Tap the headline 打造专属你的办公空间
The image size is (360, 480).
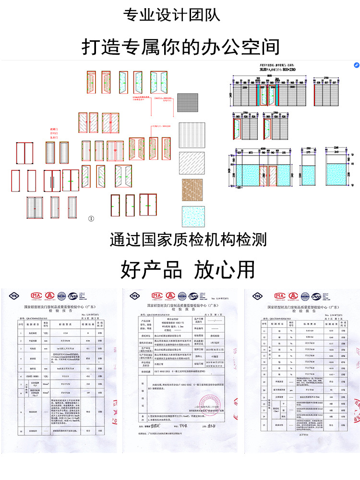tap(180, 47)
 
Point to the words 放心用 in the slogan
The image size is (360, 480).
tap(225, 270)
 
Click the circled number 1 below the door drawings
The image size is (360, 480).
tap(92, 218)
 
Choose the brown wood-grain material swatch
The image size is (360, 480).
tap(192, 190)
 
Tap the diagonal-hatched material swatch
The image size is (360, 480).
tap(192, 163)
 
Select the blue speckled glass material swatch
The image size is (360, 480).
tap(192, 216)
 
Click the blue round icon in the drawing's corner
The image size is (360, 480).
tap(357, 65)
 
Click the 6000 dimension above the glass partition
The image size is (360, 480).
tap(263, 148)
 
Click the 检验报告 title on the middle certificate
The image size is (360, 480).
tap(180, 310)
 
